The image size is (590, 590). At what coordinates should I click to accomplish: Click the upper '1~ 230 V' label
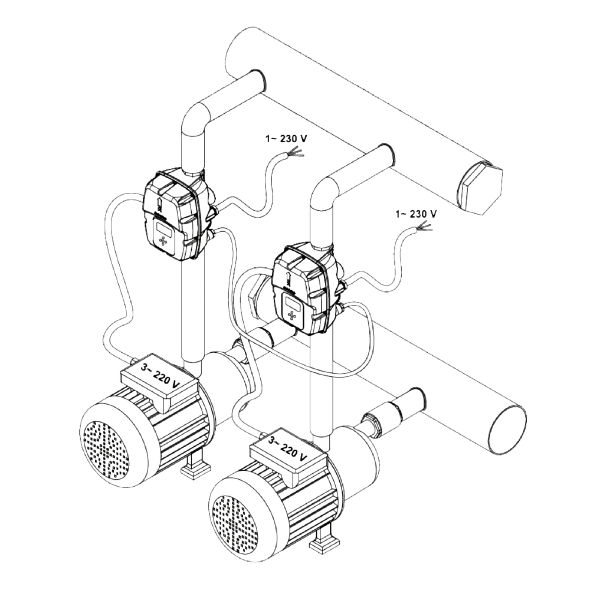286,139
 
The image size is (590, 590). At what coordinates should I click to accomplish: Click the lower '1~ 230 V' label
416,214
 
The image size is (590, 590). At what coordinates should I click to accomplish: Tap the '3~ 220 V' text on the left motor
159,377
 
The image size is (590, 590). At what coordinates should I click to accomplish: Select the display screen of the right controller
293,301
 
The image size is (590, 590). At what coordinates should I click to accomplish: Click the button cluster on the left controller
164,241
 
